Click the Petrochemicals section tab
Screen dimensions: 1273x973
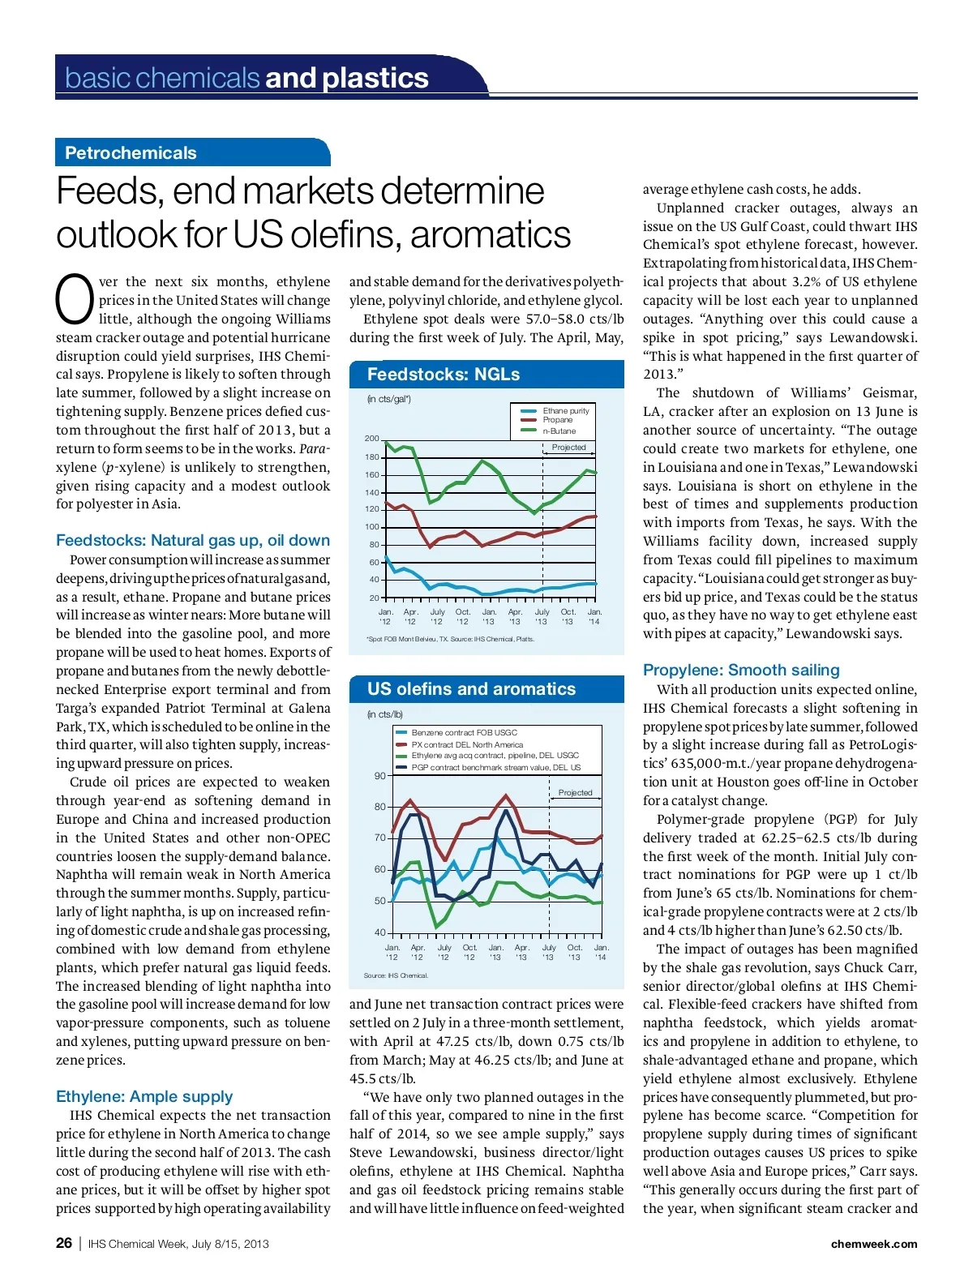[x=131, y=153]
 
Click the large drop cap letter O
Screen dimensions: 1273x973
[x=75, y=298]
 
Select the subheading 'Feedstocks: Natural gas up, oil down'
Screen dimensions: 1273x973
[x=193, y=541]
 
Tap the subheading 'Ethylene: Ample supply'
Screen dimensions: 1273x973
[x=144, y=1097]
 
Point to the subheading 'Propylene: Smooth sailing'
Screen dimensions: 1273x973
[x=741, y=671]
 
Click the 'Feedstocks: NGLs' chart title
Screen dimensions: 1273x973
[x=444, y=375]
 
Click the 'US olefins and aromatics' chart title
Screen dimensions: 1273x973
[x=471, y=689]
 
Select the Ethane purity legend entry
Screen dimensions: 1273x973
[x=565, y=411]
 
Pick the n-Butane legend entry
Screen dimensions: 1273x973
[x=559, y=431]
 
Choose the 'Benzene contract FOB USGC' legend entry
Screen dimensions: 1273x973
[x=464, y=732]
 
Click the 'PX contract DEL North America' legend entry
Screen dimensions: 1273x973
[x=467, y=744]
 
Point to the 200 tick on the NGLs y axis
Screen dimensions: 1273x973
[x=371, y=439]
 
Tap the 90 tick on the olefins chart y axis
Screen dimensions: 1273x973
[x=379, y=776]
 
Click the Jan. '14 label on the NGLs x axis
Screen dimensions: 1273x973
[x=594, y=617]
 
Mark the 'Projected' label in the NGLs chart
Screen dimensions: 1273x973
[x=568, y=448]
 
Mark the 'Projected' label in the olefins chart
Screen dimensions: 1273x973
[x=575, y=793]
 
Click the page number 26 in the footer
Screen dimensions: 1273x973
[x=64, y=1243]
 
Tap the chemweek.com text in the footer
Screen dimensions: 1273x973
[x=873, y=1244]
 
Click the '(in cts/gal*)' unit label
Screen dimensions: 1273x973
[x=389, y=399]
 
